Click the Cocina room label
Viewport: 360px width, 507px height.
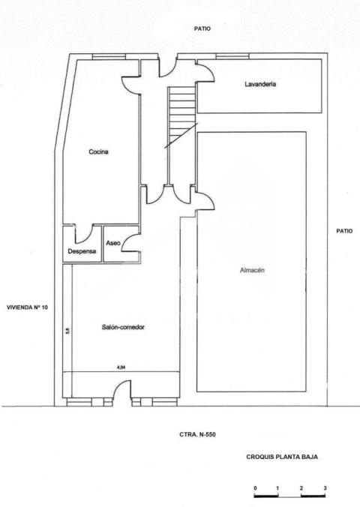[98, 152]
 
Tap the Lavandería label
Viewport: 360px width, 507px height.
[261, 85]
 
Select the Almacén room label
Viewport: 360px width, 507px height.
[253, 270]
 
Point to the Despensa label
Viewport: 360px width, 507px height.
[82, 251]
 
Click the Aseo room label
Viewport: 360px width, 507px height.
[113, 243]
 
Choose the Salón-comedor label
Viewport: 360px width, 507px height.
[122, 327]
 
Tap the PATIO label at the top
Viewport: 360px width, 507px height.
[202, 29]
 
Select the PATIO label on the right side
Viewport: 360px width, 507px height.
[344, 231]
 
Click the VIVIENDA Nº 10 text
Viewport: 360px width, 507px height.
[27, 307]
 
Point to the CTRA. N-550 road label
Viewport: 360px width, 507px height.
[198, 434]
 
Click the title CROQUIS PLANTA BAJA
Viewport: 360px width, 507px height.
[281, 455]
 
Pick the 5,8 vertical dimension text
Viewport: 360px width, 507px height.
[67, 330]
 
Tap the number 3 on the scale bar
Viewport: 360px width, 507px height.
[325, 488]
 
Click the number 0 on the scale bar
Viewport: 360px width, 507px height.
[255, 488]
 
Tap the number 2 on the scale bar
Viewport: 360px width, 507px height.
[301, 488]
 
